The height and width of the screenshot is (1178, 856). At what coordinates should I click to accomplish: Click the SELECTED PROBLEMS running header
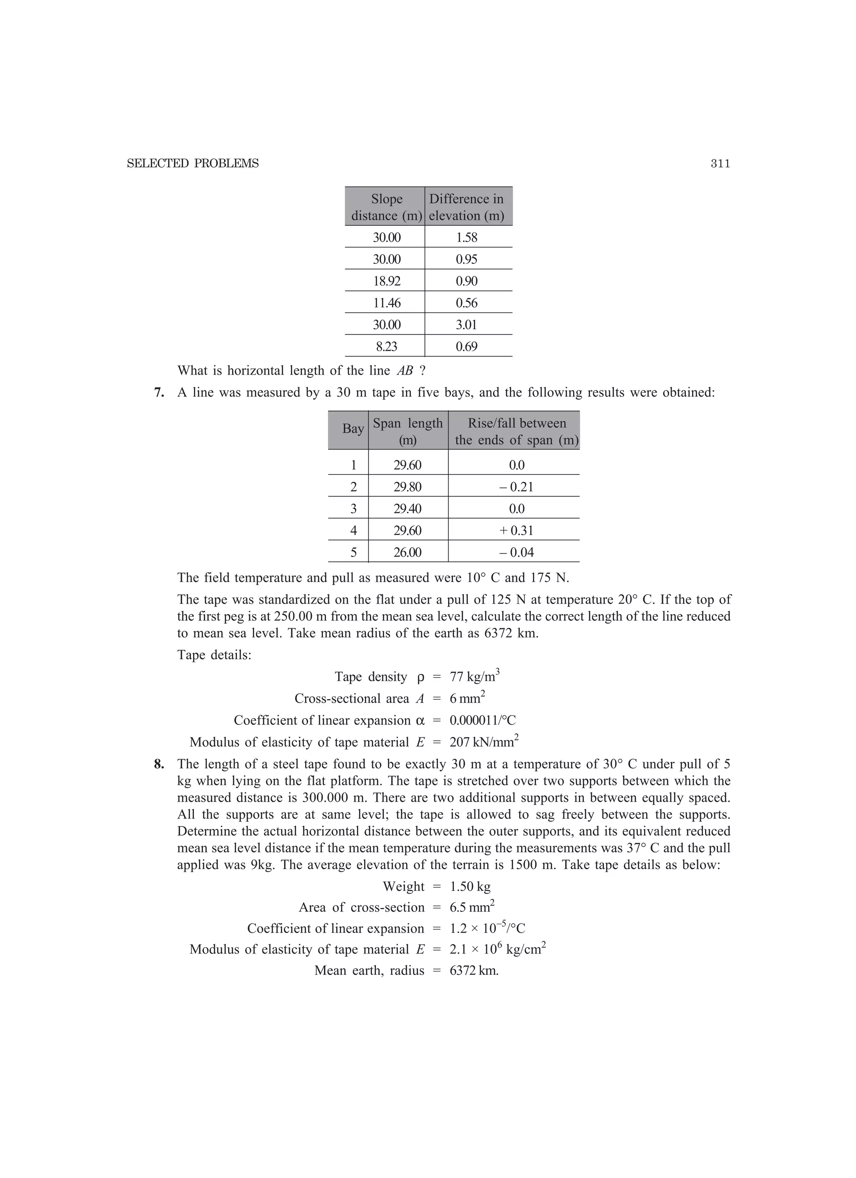pos(193,163)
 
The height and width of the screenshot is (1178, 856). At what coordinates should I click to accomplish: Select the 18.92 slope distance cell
pos(387,281)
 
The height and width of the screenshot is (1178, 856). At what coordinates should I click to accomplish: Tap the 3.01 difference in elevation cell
pos(466,325)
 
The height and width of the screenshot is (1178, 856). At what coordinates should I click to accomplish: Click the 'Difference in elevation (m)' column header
pos(466,207)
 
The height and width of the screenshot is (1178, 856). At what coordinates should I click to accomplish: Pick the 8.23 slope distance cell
pos(387,347)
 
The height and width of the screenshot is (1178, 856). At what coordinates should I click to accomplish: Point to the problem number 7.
pos(159,393)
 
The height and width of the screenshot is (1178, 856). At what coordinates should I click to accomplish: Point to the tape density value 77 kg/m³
pos(474,676)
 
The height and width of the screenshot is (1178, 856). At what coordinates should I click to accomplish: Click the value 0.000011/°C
pos(482,720)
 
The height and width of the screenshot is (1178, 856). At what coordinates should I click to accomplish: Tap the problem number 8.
pos(159,764)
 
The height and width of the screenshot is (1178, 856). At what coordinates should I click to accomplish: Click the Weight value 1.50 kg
pos(470,887)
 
